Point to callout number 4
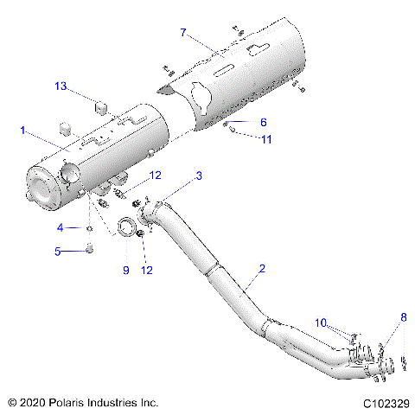[61, 228]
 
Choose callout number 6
[264, 123]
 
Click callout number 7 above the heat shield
[183, 32]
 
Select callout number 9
[124, 270]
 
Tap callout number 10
[321, 322]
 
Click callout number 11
[266, 139]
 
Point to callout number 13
[61, 86]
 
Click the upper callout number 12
[156, 176]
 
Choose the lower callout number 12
[148, 270]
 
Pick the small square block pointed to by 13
[100, 106]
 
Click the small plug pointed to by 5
[88, 252]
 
